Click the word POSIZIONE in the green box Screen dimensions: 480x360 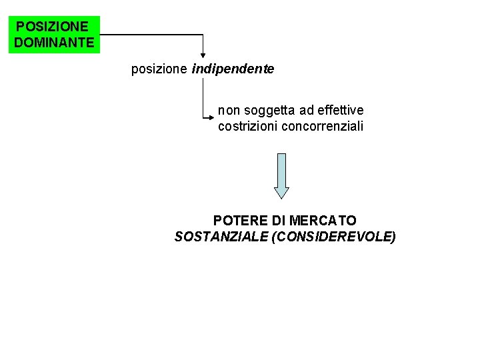tap(51, 27)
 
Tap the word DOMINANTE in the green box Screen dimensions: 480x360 tap(54, 43)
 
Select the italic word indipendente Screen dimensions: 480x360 tap(233, 69)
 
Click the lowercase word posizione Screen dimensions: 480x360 tap(159, 69)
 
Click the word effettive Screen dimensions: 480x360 tap(341, 110)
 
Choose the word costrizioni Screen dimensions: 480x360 tap(247, 126)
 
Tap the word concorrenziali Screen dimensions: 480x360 tap(323, 126)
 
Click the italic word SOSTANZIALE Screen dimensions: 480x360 tap(221, 237)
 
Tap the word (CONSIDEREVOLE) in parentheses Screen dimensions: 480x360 tap(334, 237)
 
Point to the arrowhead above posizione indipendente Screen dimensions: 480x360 tap(203, 58)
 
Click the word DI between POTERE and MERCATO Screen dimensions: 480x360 tap(279, 221)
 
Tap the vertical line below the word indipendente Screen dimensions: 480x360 tap(203, 97)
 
